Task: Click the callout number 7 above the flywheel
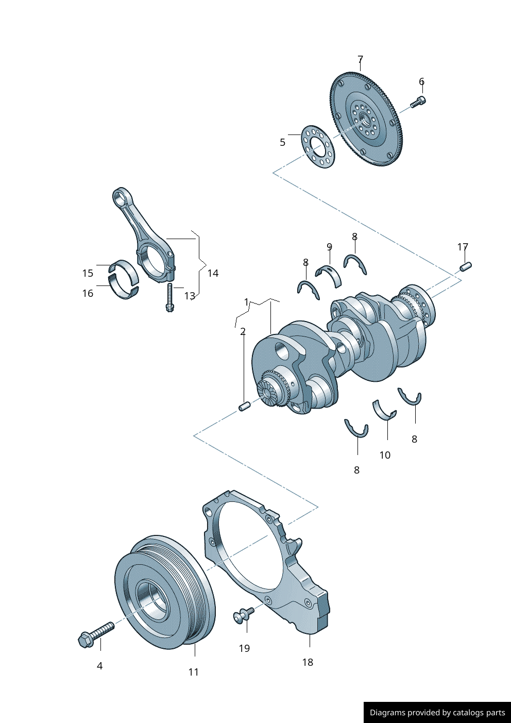[360, 59]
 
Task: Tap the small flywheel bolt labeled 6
[418, 102]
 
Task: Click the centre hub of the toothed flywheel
[365, 121]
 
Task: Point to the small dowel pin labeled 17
[466, 266]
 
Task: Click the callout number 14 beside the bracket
[213, 273]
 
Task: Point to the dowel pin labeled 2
[244, 407]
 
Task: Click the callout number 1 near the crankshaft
[246, 302]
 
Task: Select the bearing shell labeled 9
[329, 273]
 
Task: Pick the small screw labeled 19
[244, 614]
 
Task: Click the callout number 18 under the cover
[308, 662]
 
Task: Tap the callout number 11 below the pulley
[193, 672]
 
